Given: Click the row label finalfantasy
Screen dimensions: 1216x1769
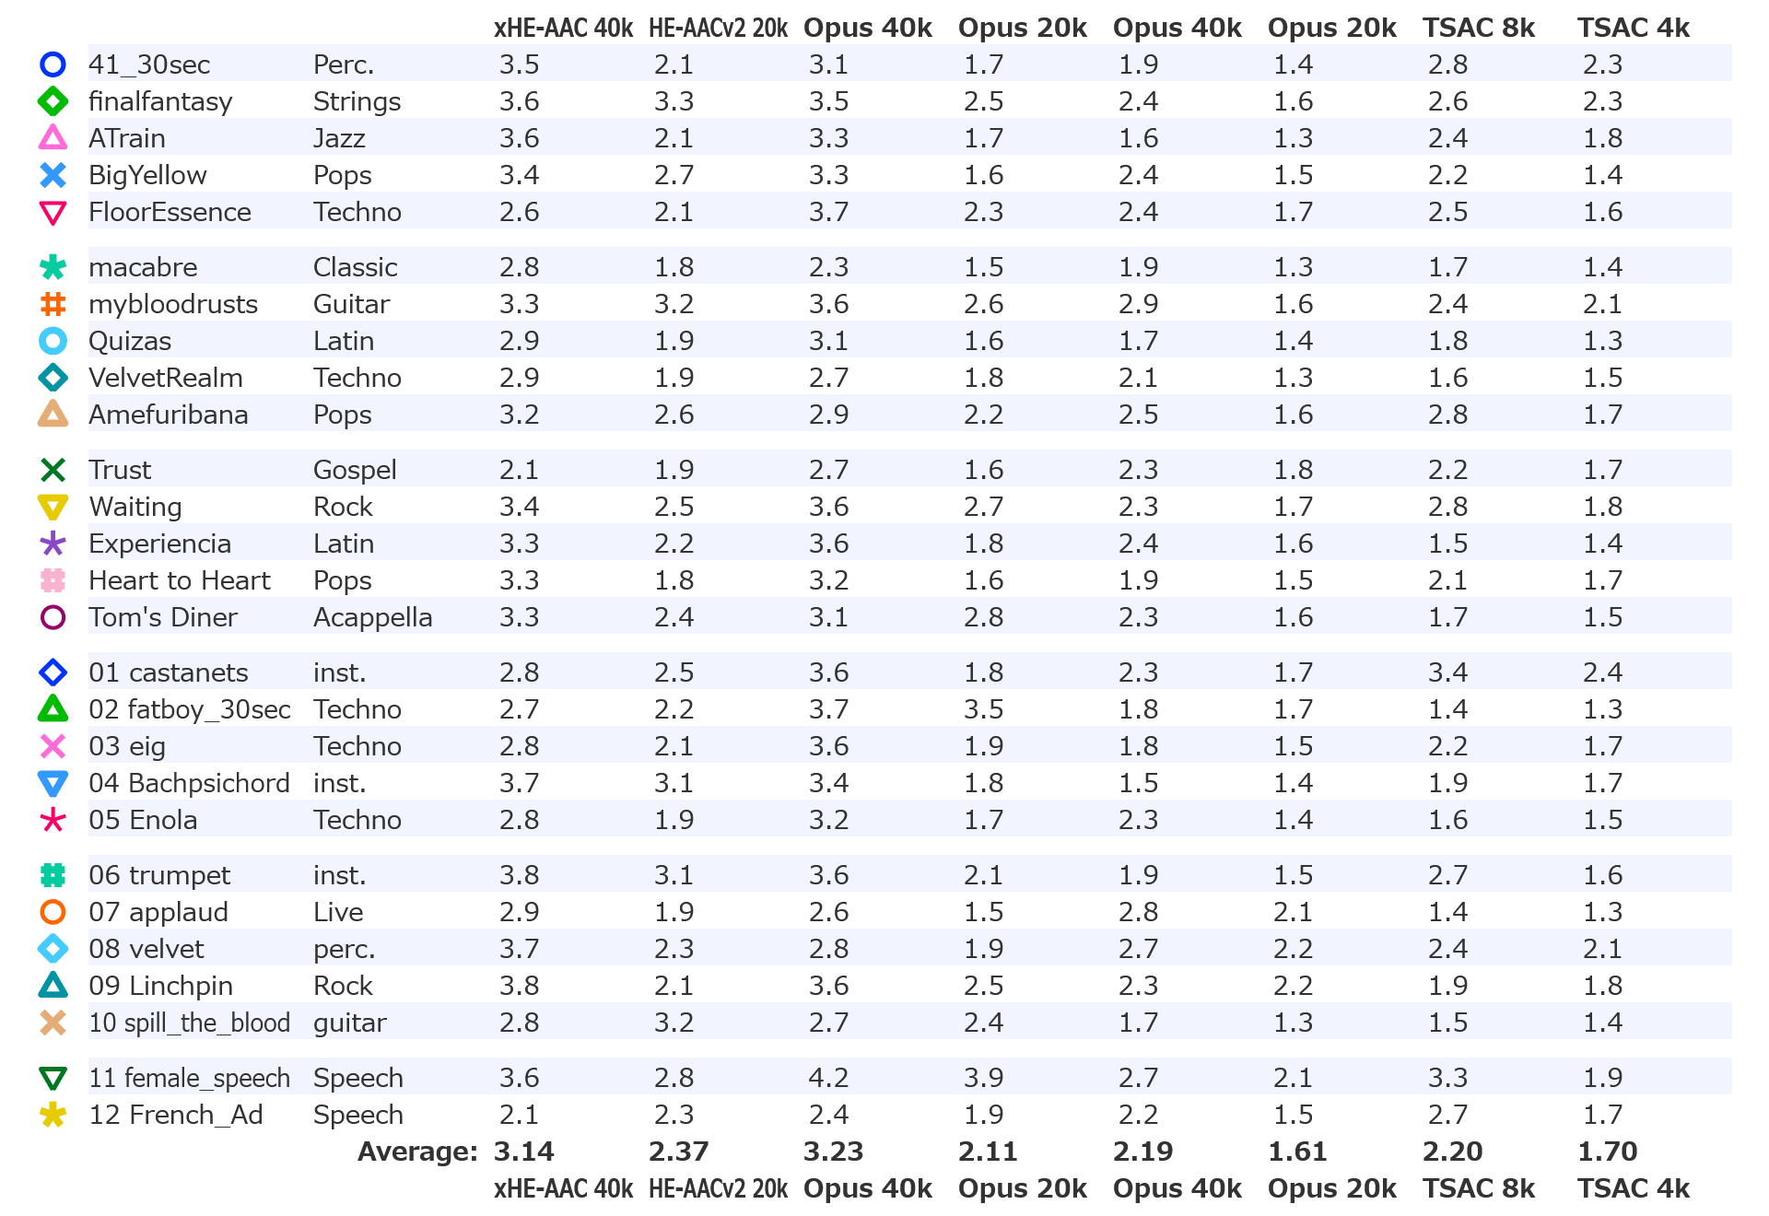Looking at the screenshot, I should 160,101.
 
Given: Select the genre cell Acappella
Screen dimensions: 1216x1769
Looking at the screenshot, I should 372,617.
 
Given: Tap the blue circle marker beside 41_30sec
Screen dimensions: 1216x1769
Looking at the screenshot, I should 53,64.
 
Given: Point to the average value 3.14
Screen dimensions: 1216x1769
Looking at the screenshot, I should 523,1152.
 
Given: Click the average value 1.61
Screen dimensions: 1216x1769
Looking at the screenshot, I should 1297,1152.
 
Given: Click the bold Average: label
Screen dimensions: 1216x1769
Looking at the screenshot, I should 417,1152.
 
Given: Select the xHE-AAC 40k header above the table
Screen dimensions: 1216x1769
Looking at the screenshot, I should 563,28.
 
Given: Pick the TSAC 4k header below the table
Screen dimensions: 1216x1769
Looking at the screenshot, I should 1634,1188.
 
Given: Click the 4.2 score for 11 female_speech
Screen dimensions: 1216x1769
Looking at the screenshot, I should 828,1078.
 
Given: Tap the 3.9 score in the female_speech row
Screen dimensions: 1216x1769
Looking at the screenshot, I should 983,1078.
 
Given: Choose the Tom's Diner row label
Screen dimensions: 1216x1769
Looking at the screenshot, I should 163,617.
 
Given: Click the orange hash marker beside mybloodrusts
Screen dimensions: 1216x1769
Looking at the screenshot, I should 53,304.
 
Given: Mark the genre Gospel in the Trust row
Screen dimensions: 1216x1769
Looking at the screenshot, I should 355,470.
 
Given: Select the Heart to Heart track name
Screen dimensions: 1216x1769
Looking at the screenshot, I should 180,580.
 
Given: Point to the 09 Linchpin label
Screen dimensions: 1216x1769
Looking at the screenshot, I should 160,986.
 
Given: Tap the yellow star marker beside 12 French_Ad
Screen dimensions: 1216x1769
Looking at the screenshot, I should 53,1115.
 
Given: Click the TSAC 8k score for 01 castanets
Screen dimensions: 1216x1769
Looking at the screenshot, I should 1447,672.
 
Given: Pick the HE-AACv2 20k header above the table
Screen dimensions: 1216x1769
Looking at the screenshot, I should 718,28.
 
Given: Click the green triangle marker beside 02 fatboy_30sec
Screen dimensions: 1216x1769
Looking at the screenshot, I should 53,709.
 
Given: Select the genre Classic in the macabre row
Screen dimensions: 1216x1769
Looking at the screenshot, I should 355,267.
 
